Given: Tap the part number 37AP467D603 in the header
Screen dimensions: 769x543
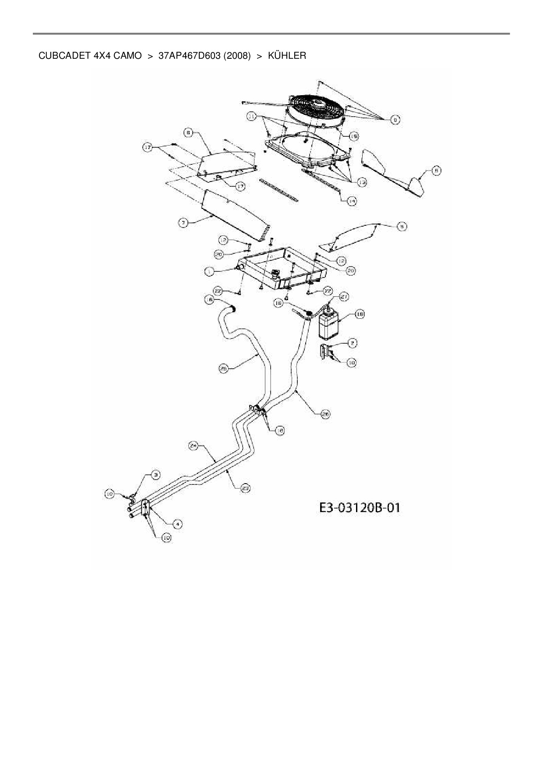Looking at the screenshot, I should [x=189, y=56].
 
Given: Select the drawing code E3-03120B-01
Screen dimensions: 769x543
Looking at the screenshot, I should [x=359, y=508].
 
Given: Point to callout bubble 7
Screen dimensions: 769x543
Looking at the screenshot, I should [x=183, y=223].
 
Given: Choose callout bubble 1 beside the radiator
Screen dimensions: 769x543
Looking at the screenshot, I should [x=210, y=272].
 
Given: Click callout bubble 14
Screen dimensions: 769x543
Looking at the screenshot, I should [x=352, y=201].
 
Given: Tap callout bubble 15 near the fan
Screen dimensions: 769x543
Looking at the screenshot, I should [x=353, y=137].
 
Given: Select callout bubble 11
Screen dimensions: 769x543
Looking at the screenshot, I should [x=251, y=116].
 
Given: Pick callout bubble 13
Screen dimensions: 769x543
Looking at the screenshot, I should [x=362, y=182].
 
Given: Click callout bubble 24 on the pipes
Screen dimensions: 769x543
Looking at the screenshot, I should [x=193, y=446].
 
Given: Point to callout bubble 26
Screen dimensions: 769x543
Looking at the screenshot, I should [x=325, y=414].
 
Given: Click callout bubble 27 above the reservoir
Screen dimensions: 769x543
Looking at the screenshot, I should [x=344, y=297].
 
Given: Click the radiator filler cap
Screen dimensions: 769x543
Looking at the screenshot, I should [x=276, y=274].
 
